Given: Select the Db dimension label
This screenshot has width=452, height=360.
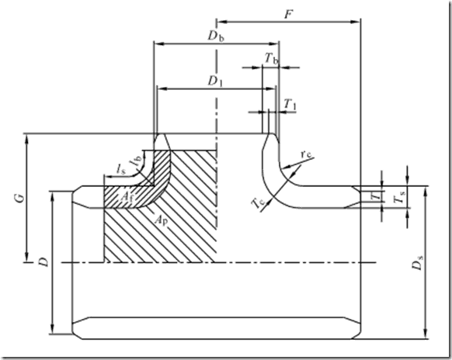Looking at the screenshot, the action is [216, 36].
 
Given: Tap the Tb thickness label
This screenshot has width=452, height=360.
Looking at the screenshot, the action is [272, 59].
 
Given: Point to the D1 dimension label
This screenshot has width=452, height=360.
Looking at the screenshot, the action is [216, 81].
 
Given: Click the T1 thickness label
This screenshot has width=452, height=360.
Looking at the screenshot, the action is [290, 104].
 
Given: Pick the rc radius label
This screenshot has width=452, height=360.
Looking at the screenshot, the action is [306, 154].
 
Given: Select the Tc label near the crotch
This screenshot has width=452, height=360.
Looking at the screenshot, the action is [259, 203].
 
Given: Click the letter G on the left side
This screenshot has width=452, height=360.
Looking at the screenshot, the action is [20, 198].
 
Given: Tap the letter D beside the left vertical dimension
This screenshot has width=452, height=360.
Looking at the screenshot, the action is [43, 262].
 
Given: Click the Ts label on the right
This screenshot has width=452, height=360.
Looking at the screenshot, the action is [401, 197].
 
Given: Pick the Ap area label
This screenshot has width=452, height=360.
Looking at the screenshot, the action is [161, 220].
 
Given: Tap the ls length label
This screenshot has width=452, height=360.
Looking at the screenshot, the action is [121, 169].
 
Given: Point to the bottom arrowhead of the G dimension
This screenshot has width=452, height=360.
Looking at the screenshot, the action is [27, 257].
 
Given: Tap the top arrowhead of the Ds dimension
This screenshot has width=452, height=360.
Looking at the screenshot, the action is [425, 191].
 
